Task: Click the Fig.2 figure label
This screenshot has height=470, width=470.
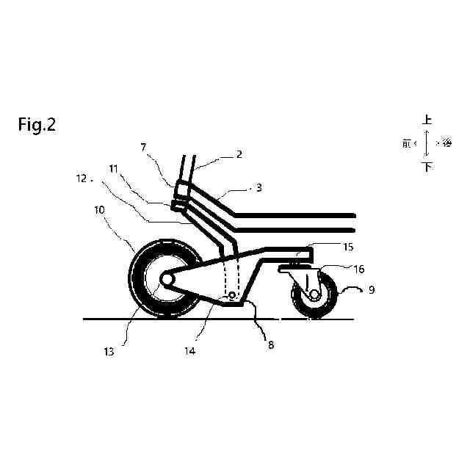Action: pyautogui.click(x=37, y=125)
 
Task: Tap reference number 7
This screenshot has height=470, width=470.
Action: pyautogui.click(x=144, y=148)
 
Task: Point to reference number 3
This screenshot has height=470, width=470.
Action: pyautogui.click(x=258, y=188)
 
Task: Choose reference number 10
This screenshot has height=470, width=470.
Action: pyautogui.click(x=98, y=209)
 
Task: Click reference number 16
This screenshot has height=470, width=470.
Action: pyautogui.click(x=359, y=270)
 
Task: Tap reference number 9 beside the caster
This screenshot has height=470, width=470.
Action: pyautogui.click(x=372, y=291)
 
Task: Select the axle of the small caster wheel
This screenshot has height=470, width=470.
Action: pyautogui.click(x=314, y=294)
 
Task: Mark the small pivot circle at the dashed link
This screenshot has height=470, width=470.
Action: pyautogui.click(x=231, y=295)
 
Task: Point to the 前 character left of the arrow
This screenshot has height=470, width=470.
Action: pyautogui.click(x=408, y=144)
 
